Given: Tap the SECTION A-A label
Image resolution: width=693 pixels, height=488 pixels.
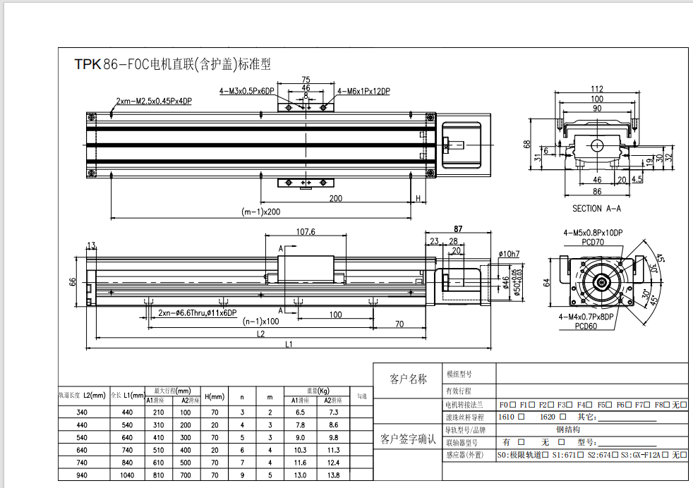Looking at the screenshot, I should [x=597, y=209].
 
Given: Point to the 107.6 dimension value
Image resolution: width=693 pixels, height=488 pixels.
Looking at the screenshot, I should [x=305, y=231].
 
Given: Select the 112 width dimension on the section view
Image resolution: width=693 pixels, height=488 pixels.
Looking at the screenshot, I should [x=597, y=89].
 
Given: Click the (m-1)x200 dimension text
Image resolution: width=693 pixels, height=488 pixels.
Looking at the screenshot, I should [x=261, y=212].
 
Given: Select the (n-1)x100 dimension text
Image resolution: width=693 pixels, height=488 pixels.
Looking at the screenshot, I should [x=261, y=322].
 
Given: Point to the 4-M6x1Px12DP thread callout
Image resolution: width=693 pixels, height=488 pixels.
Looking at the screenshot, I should [x=363, y=91].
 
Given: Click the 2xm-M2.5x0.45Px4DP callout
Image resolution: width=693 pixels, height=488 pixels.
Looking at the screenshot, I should [x=154, y=102].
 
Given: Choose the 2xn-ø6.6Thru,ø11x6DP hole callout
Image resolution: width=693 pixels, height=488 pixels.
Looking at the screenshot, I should [x=198, y=313].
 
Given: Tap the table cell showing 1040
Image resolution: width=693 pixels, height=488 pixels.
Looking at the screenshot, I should [x=127, y=475].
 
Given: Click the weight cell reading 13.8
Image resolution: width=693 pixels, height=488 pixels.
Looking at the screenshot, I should [x=334, y=475].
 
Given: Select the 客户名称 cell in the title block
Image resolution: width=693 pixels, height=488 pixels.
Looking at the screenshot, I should [x=408, y=379].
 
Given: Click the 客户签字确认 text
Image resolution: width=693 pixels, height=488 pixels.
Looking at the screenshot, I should [x=408, y=440].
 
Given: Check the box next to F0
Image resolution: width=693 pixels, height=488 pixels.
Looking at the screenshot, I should [x=512, y=405].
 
